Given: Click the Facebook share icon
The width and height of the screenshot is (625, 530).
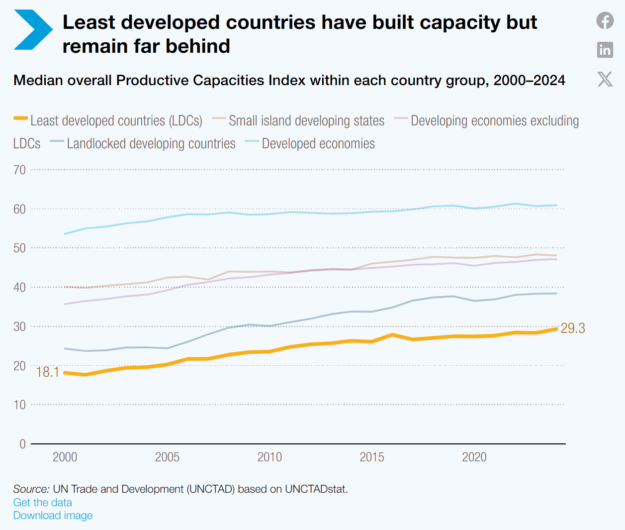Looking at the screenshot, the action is pyautogui.click(x=605, y=20).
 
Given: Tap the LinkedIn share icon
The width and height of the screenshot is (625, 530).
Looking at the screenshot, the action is pyautogui.click(x=605, y=50).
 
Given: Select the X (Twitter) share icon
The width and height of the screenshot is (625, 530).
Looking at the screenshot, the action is pyautogui.click(x=605, y=79).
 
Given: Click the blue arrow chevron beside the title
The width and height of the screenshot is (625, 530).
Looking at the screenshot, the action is pyautogui.click(x=33, y=30).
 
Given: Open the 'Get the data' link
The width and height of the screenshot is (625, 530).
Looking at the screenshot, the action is pyautogui.click(x=43, y=502).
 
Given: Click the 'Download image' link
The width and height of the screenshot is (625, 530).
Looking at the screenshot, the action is pyautogui.click(x=53, y=515).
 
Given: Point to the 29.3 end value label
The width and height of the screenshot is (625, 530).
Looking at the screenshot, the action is pyautogui.click(x=573, y=328).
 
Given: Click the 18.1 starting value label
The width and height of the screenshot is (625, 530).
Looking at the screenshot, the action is pyautogui.click(x=47, y=372).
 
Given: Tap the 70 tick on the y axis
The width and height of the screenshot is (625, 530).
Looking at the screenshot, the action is pyautogui.click(x=19, y=170).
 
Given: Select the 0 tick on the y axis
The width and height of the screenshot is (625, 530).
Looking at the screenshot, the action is pyautogui.click(x=22, y=444).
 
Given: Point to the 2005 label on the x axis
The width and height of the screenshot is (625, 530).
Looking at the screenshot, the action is pyautogui.click(x=167, y=457).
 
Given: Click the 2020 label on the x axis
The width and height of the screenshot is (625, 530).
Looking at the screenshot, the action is pyautogui.click(x=474, y=457).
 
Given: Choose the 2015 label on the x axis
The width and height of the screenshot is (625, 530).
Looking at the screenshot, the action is pyautogui.click(x=371, y=457).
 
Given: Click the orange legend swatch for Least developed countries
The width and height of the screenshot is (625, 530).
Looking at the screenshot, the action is pyautogui.click(x=20, y=118).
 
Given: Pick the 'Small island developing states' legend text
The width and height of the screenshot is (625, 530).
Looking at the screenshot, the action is pyautogui.click(x=306, y=120).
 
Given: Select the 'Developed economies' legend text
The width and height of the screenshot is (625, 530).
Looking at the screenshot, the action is pyautogui.click(x=318, y=143).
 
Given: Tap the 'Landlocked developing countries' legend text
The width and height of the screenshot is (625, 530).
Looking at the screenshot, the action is pyautogui.click(x=151, y=143).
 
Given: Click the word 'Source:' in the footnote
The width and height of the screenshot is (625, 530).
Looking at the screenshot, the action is pyautogui.click(x=31, y=489).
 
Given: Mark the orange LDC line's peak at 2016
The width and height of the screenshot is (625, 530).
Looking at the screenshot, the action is pyautogui.click(x=392, y=335).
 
